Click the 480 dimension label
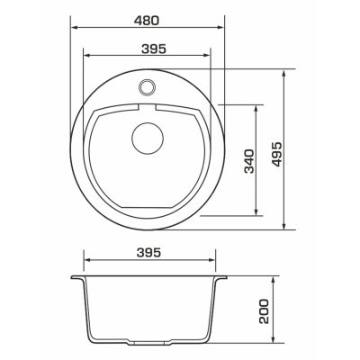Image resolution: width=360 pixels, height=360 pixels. coord(144,18)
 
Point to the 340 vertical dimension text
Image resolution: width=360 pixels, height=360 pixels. coord(249,160)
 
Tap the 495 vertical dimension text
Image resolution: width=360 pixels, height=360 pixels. coord(275,149)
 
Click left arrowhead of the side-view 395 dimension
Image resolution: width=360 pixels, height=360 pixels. coord(86,263)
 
